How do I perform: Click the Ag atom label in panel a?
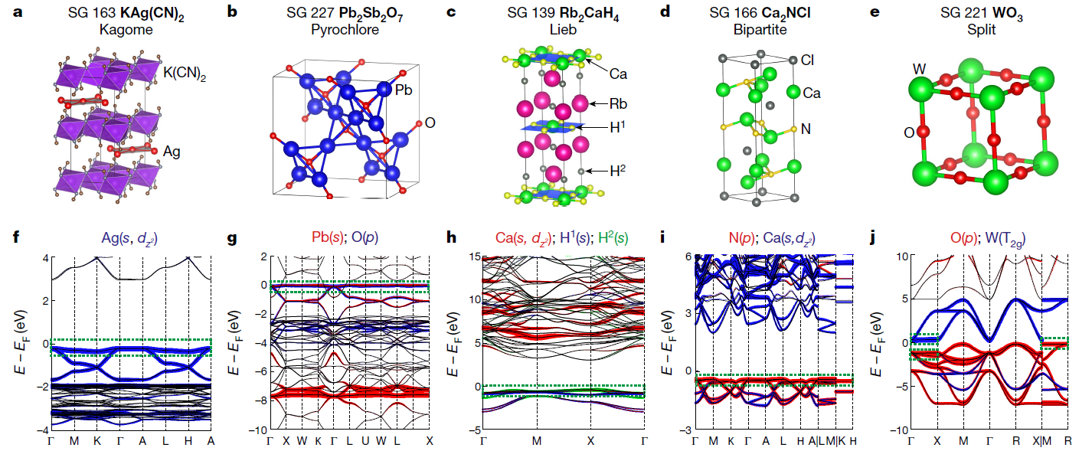point(171,152)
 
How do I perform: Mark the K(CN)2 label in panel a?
point(184,74)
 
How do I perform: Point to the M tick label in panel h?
point(537,442)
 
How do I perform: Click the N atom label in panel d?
point(805,129)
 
